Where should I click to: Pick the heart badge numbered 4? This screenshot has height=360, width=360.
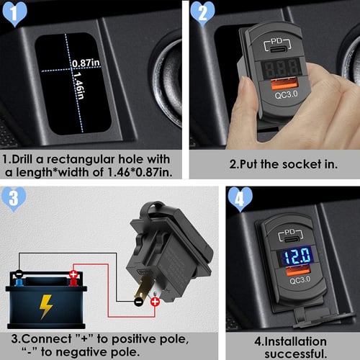(241, 198)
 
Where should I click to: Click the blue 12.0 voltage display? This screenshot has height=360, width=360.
(296, 255)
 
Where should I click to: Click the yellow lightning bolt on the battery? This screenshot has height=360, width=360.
(45, 305)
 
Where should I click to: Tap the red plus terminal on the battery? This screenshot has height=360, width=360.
(73, 275)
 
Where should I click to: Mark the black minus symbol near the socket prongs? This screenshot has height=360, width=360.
(138, 303)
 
